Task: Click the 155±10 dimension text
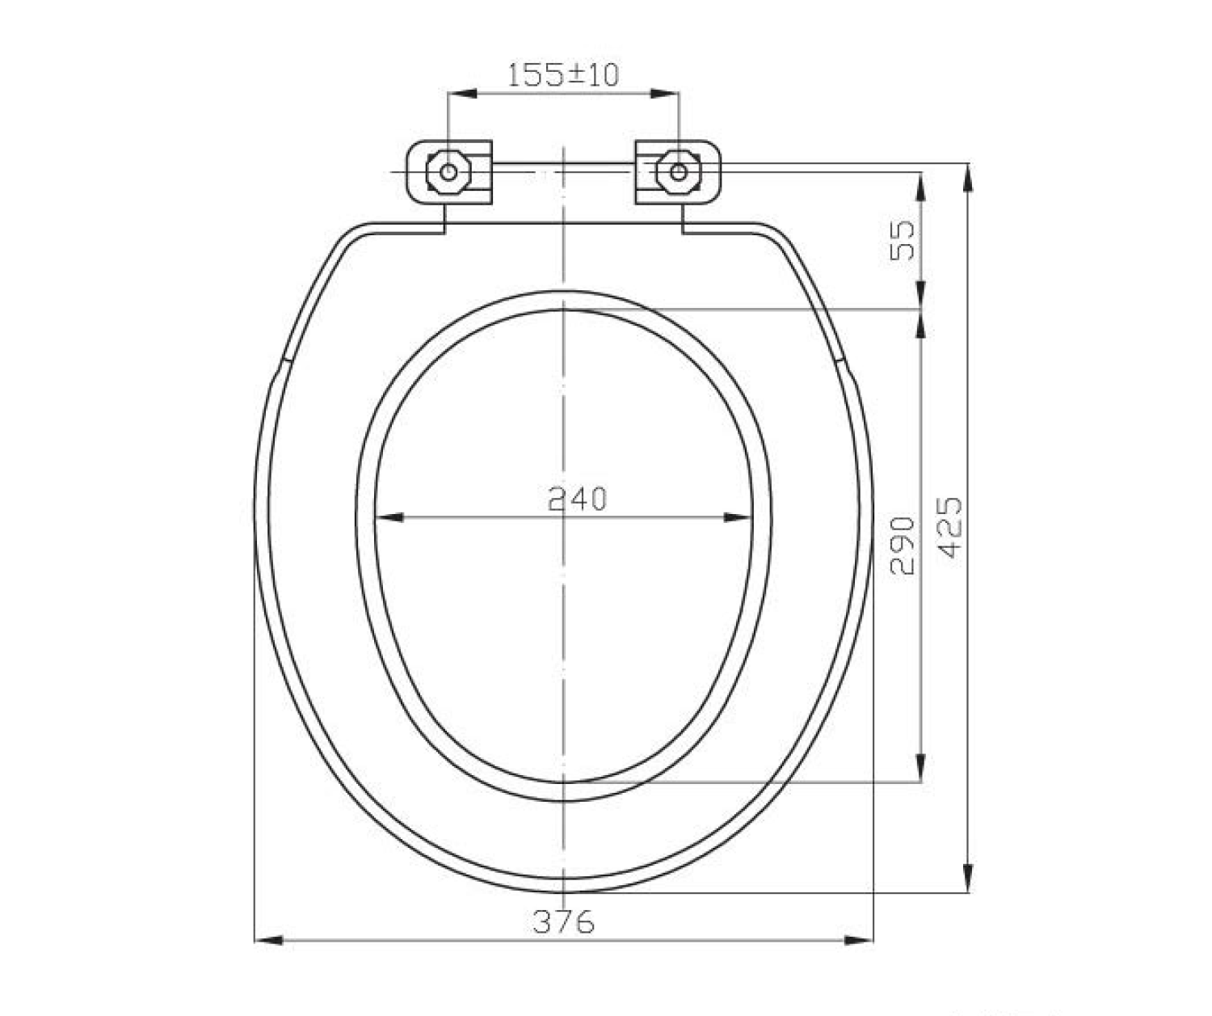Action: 564,75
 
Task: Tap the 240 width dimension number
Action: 578,499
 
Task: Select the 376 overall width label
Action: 564,921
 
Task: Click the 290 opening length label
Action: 902,546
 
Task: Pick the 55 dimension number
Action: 902,240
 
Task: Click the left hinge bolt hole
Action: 448,172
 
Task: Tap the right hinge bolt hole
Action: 679,172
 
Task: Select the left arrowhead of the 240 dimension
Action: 389,517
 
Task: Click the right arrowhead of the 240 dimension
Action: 739,517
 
